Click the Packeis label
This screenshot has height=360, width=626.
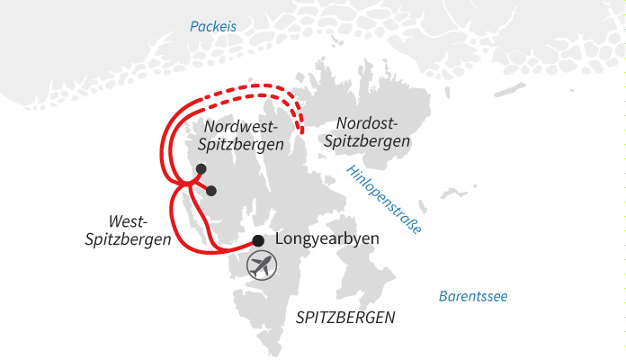point(212,27)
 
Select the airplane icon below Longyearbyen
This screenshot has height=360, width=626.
point(262,265)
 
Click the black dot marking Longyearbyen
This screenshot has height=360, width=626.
point(258,240)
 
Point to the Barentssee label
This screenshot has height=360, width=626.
point(473,296)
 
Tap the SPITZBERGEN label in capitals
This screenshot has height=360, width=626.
point(345,318)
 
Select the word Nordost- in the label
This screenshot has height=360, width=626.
point(371,124)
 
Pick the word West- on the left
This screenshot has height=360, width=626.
point(127,221)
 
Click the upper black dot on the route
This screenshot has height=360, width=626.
point(201,169)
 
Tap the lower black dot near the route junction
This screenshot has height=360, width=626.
point(211,191)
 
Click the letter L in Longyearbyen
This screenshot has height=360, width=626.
point(281,239)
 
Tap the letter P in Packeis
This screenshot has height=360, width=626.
point(193,27)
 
